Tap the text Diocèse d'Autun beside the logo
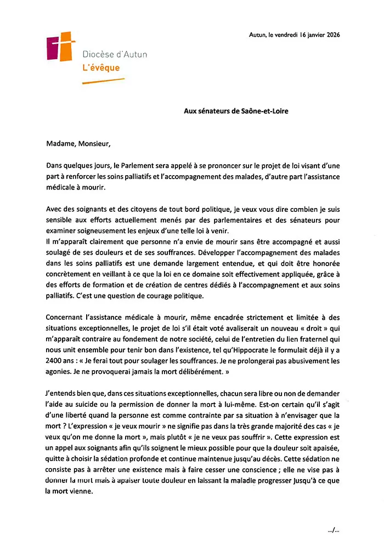pyautogui.click(x=114, y=54)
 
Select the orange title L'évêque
pyautogui.click(x=100, y=68)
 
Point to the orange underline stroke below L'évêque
pyautogui.click(x=103, y=81)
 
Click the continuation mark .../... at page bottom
pyautogui.click(x=332, y=529)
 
